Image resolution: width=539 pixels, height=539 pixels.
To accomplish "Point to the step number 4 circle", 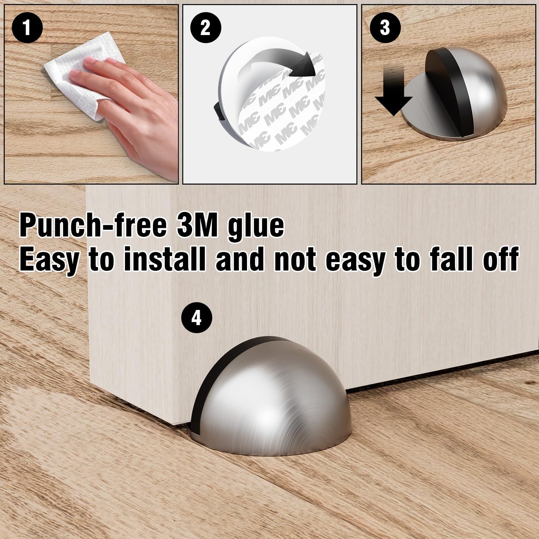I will tap(197, 318).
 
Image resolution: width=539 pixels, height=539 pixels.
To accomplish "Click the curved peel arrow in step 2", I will tap(276, 63).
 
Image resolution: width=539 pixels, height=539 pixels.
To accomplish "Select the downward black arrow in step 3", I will tap(394, 91).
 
